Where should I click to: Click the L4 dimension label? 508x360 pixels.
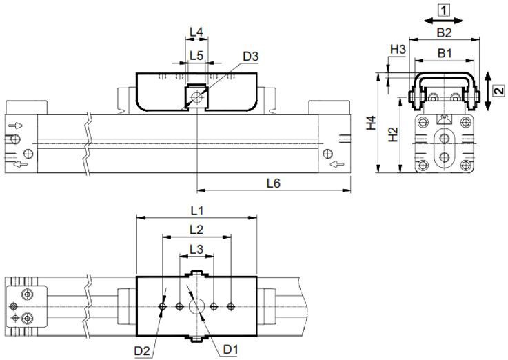(x=196, y=32)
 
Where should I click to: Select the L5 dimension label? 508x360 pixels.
(x=196, y=55)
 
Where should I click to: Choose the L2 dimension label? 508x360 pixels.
(x=196, y=228)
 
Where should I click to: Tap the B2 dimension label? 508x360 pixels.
(x=444, y=32)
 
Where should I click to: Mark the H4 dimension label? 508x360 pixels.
(x=371, y=123)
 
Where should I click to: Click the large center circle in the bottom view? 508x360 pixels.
(x=197, y=306)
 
